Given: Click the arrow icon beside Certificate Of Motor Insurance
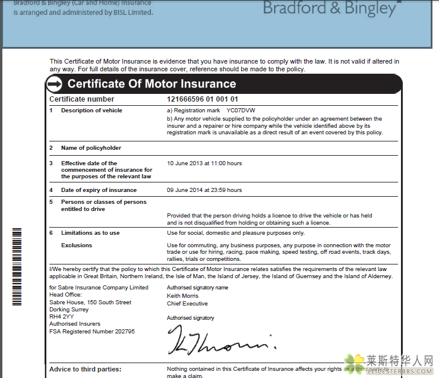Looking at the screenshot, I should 55,84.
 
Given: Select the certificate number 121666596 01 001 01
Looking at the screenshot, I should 203,99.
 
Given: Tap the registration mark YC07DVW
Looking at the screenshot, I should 240,111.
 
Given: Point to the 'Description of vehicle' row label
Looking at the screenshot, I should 91,111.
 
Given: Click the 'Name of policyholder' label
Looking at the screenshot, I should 91,147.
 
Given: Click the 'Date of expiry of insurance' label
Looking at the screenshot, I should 99,190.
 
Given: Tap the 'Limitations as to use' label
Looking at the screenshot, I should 90,233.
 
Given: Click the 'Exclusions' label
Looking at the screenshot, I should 77,245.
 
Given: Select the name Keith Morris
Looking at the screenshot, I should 182,295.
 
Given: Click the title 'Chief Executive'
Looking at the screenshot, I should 187,303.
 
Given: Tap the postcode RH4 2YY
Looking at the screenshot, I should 62,317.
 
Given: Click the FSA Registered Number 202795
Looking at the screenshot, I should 92,331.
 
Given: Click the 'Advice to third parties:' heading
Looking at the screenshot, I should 85,369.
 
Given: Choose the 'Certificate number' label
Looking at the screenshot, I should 81,99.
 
